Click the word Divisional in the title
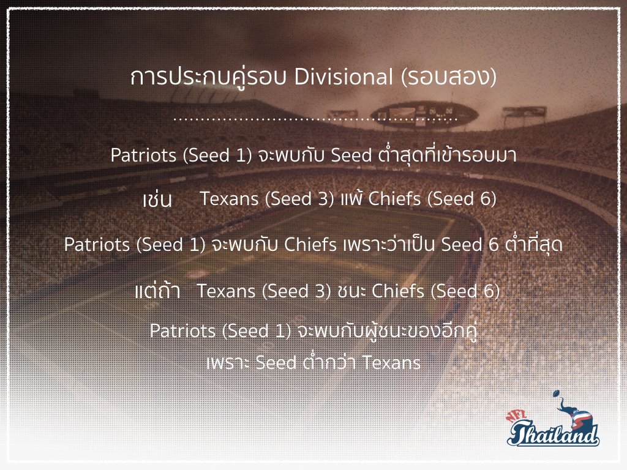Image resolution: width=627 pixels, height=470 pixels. coord(343,76)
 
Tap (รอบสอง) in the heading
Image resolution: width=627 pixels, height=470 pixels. coord(449,77)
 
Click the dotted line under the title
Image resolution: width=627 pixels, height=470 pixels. coord(315,119)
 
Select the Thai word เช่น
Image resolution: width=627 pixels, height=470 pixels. coord(157,199)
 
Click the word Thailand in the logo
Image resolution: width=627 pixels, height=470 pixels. coord(554,433)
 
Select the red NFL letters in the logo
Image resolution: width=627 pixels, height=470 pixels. coord(517,416)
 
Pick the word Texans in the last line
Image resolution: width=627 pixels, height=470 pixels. coord(391,363)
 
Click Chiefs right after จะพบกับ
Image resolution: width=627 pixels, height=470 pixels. coord(310,245)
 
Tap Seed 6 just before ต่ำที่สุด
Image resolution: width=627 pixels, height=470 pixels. coord(470,245)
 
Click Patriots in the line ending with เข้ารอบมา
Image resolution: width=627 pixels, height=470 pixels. coord(143,155)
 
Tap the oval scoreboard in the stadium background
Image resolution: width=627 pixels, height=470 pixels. coord(426,114)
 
